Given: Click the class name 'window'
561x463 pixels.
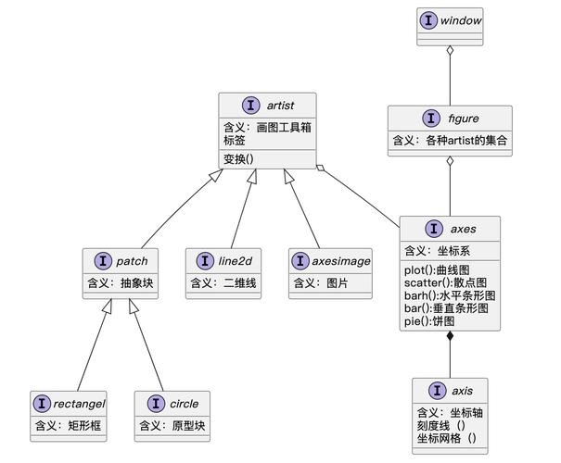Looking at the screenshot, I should [462, 19].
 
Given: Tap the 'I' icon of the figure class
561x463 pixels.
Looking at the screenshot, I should [429, 118].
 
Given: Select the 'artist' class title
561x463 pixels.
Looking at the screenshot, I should [279, 106].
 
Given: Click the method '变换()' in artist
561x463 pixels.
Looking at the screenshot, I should [239, 158].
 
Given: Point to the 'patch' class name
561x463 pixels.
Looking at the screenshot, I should [132, 261].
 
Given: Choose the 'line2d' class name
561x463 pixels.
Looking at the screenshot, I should [236, 261].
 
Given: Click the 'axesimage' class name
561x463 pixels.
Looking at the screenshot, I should [340, 261].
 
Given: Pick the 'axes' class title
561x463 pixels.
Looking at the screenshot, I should [463, 229].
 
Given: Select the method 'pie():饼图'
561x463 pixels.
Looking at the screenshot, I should [429, 320].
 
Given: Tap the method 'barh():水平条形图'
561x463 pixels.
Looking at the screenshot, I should [450, 294].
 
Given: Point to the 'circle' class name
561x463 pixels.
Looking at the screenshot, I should [184, 404].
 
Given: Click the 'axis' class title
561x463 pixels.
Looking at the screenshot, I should [464, 390].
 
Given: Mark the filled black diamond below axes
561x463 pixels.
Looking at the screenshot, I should [451, 338].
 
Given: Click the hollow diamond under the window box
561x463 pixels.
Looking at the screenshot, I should [451, 51].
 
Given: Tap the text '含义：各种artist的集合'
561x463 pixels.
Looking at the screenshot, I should [450, 141].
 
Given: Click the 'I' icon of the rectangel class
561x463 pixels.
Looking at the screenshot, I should [43, 404].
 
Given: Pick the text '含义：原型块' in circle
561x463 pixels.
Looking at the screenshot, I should [172, 426].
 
